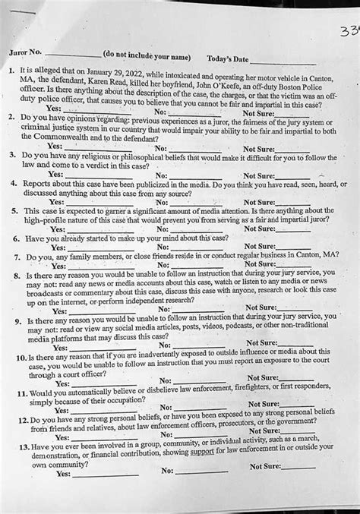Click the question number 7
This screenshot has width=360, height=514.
coord(14,258)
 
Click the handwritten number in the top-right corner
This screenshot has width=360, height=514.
coord(349,14)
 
